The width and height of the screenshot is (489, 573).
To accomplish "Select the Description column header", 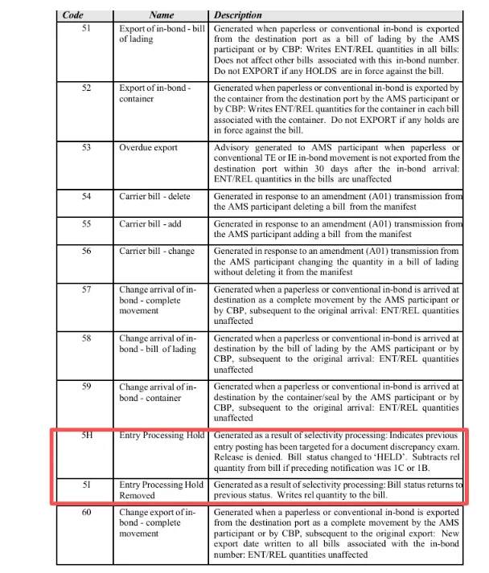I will [238, 15].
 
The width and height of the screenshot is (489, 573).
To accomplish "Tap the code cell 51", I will [86, 27].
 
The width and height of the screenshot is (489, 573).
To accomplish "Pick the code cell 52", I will [86, 88].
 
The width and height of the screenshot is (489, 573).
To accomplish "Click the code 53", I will [86, 148].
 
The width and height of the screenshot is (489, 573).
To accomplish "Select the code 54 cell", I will [86, 196].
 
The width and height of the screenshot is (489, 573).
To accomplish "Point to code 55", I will [86, 223].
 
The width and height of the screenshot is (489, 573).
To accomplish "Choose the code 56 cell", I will [86, 252].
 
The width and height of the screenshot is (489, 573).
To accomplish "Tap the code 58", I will [86, 338].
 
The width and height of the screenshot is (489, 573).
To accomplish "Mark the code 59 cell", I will [86, 387].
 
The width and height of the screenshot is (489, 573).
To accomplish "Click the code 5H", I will [87, 436].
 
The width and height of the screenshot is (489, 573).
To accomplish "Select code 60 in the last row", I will [86, 511].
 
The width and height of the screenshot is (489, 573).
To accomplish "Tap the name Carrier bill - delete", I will [158, 196].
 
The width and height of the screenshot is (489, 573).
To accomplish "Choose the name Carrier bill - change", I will [158, 252].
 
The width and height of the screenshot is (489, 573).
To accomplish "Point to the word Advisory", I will [236, 148].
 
